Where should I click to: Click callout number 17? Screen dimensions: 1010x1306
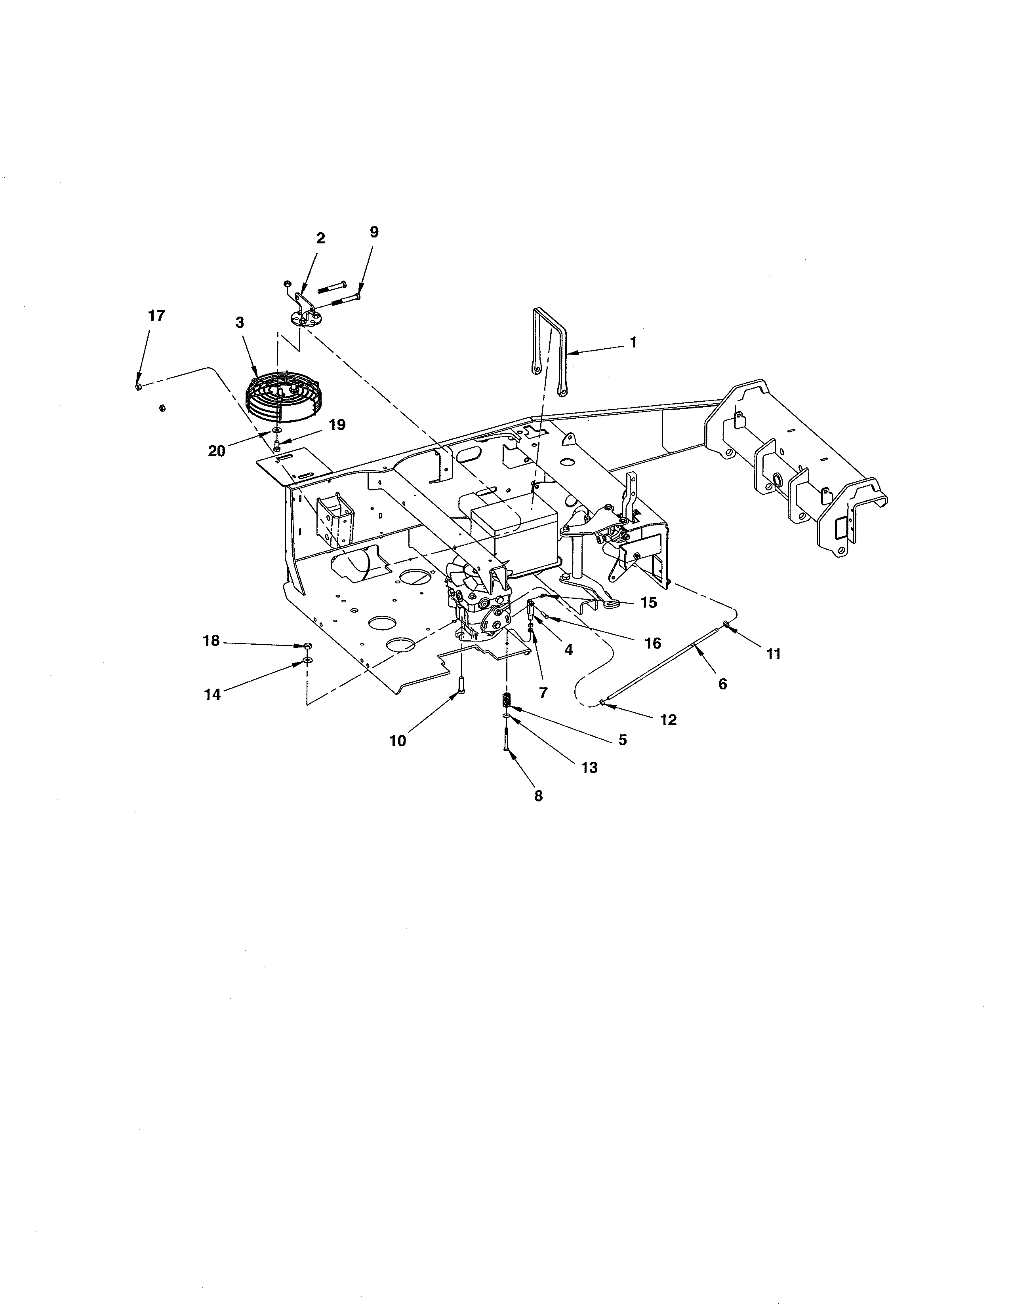tap(157, 316)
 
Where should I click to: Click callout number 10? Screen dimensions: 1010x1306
tap(398, 740)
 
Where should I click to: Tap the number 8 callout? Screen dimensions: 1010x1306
tap(539, 796)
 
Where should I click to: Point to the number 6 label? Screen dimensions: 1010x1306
tap(723, 684)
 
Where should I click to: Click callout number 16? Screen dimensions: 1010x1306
tap(653, 644)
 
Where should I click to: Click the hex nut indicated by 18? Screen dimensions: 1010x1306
tap(306, 646)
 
